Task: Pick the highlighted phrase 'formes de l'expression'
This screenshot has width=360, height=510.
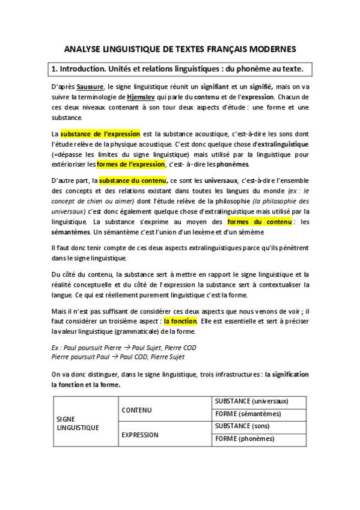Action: (130, 164)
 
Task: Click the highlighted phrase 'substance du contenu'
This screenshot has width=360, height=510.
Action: (133, 180)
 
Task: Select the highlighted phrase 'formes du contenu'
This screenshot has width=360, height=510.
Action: (259, 221)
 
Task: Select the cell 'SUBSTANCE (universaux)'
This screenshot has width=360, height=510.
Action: (251, 401)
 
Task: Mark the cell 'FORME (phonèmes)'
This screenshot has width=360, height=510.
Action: (244, 439)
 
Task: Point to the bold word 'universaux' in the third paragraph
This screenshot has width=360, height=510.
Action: (221, 180)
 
